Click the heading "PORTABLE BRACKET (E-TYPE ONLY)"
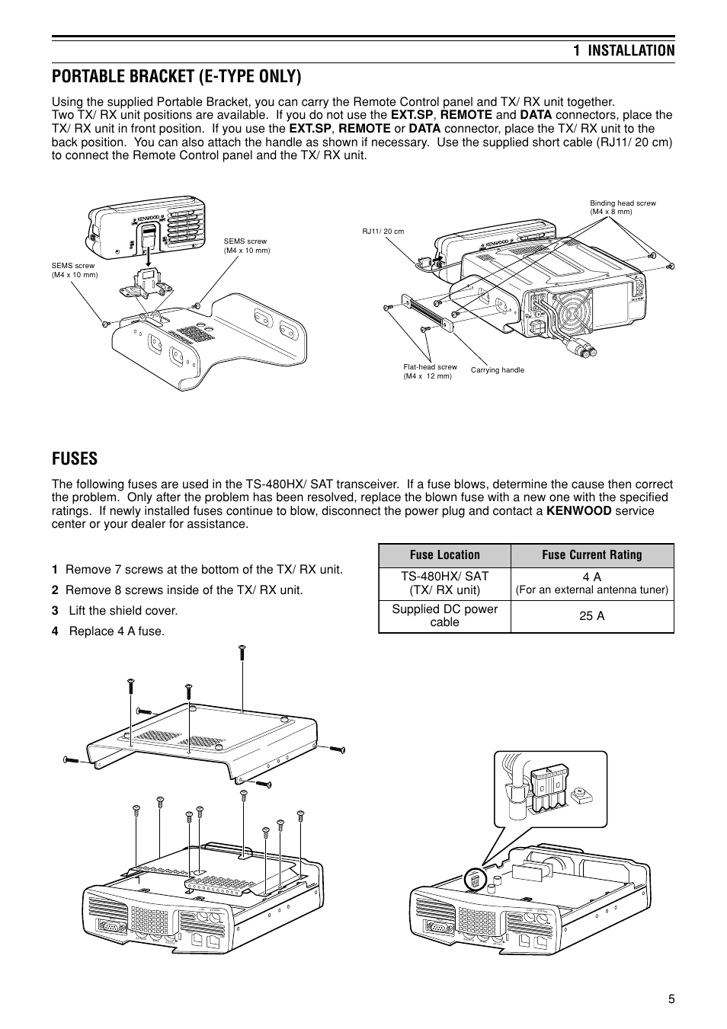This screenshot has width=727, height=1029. pyautogui.click(x=176, y=77)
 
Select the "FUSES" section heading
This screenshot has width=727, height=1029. pyautogui.click(x=75, y=458)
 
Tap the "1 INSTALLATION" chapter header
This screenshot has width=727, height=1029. pyautogui.click(x=623, y=50)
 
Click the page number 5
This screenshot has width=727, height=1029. pyautogui.click(x=671, y=999)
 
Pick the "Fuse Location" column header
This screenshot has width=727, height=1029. pyautogui.click(x=444, y=554)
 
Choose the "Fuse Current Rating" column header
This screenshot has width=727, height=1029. pyautogui.click(x=591, y=554)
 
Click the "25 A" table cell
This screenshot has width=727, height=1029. pyautogui.click(x=591, y=615)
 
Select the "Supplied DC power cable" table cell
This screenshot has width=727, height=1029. pyautogui.click(x=444, y=615)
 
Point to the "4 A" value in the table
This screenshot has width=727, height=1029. pyautogui.click(x=591, y=577)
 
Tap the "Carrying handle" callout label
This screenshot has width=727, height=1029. pyautogui.click(x=498, y=370)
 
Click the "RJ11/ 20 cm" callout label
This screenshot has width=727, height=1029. pyautogui.click(x=383, y=231)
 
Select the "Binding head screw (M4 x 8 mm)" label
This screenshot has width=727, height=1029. pyautogui.click(x=623, y=207)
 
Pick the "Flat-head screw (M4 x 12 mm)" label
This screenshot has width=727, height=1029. pyautogui.click(x=430, y=371)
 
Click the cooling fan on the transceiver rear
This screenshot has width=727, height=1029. pyautogui.click(x=570, y=312)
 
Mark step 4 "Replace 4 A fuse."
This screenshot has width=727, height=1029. pyautogui.click(x=108, y=631)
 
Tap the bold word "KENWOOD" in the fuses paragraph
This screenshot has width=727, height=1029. pyautogui.click(x=578, y=511)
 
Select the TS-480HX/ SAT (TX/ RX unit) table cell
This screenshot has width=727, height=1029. pyautogui.click(x=444, y=583)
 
